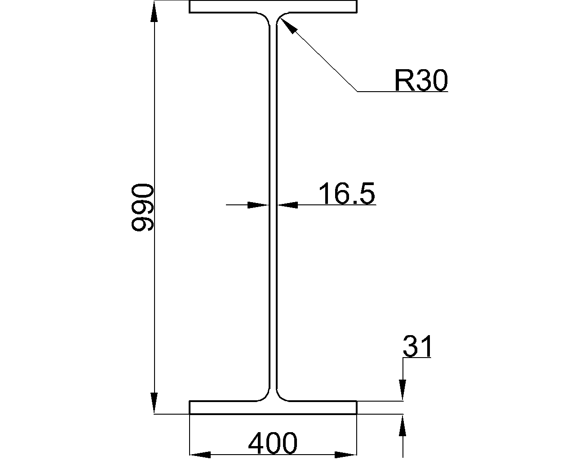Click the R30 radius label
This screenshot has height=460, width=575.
coord(421,81)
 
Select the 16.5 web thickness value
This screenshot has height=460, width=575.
coord(346,194)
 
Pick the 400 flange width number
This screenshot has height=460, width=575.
coord(273,443)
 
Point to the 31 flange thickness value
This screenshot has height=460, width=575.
coord(417,346)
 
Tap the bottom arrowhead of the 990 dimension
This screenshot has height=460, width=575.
coord(154,402)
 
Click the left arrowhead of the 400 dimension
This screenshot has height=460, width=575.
coord(200,454)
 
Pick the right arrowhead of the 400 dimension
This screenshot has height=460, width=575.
coord(346,454)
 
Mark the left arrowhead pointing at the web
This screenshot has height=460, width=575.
coord(258,205)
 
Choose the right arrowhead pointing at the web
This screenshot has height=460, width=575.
coord(288,205)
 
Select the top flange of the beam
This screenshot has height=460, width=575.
coord(273,6)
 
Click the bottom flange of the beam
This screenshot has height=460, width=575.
coord(273,407)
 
